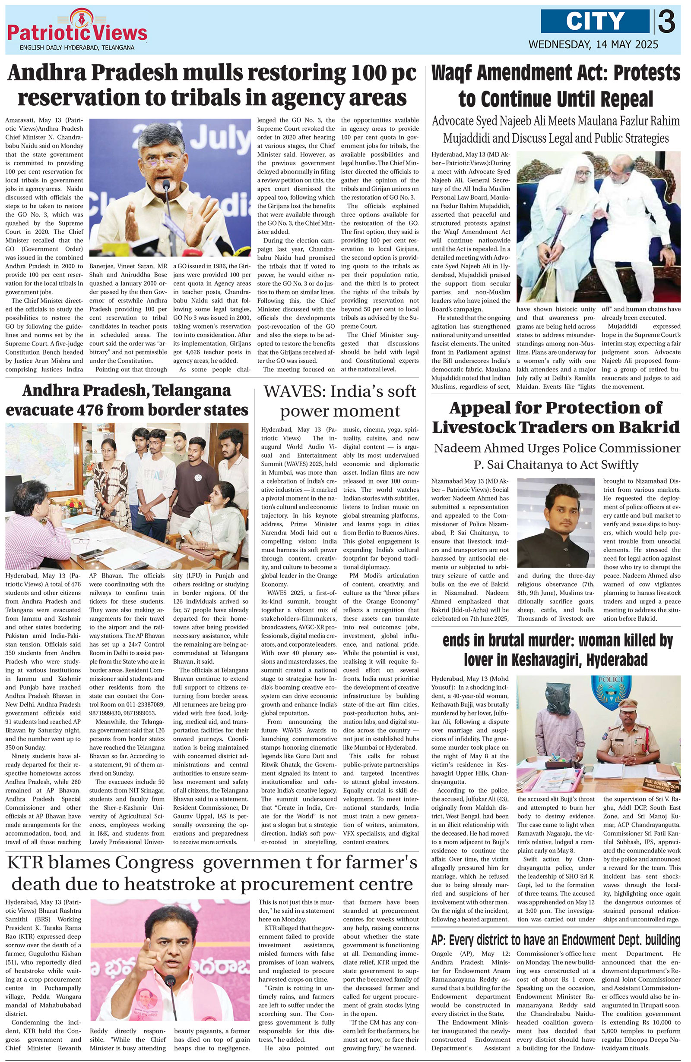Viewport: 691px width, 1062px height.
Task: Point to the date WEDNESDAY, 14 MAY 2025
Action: [x=593, y=44]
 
